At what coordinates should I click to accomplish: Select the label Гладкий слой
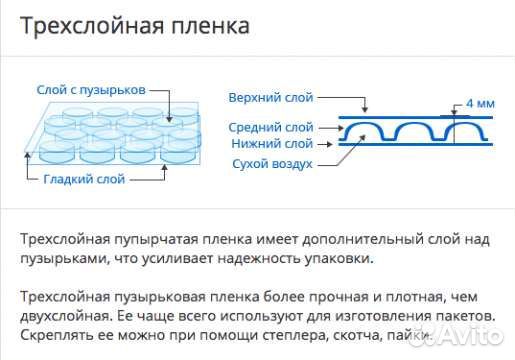(84, 179)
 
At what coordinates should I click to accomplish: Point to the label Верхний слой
(271, 97)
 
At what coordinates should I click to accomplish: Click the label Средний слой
(271, 127)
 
